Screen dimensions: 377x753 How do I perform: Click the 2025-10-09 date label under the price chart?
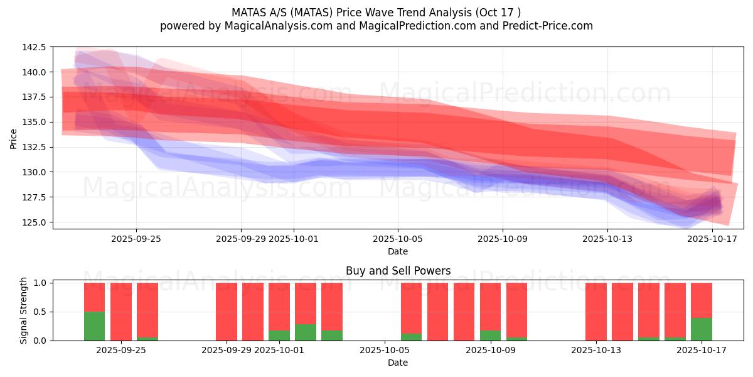point(503,239)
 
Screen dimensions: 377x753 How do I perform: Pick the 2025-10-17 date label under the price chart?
point(712,239)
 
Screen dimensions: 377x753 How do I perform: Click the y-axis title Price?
point(14,138)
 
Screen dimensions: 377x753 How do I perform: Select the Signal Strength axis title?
point(24,310)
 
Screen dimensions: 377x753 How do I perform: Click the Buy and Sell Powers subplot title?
point(398,271)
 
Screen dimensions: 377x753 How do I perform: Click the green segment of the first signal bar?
point(94,326)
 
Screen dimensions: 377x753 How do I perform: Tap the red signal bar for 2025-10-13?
point(596,311)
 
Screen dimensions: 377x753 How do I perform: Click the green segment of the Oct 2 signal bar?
point(306,332)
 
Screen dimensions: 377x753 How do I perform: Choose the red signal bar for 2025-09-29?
point(227,311)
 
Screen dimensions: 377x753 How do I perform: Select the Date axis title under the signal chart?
point(398,363)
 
